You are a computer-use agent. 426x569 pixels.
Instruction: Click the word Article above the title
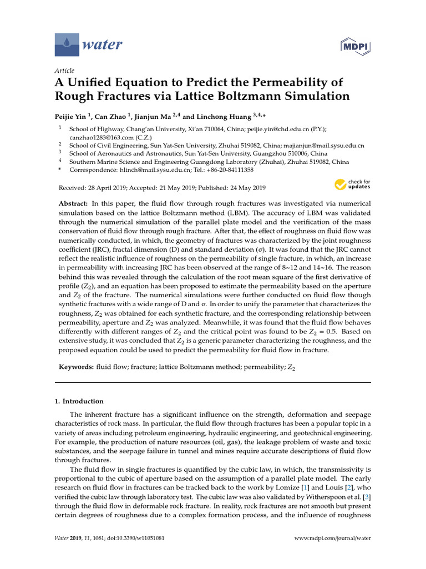64,71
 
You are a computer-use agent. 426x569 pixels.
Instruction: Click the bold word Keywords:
75,368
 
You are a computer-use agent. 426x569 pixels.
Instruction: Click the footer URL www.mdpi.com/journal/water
331,538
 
